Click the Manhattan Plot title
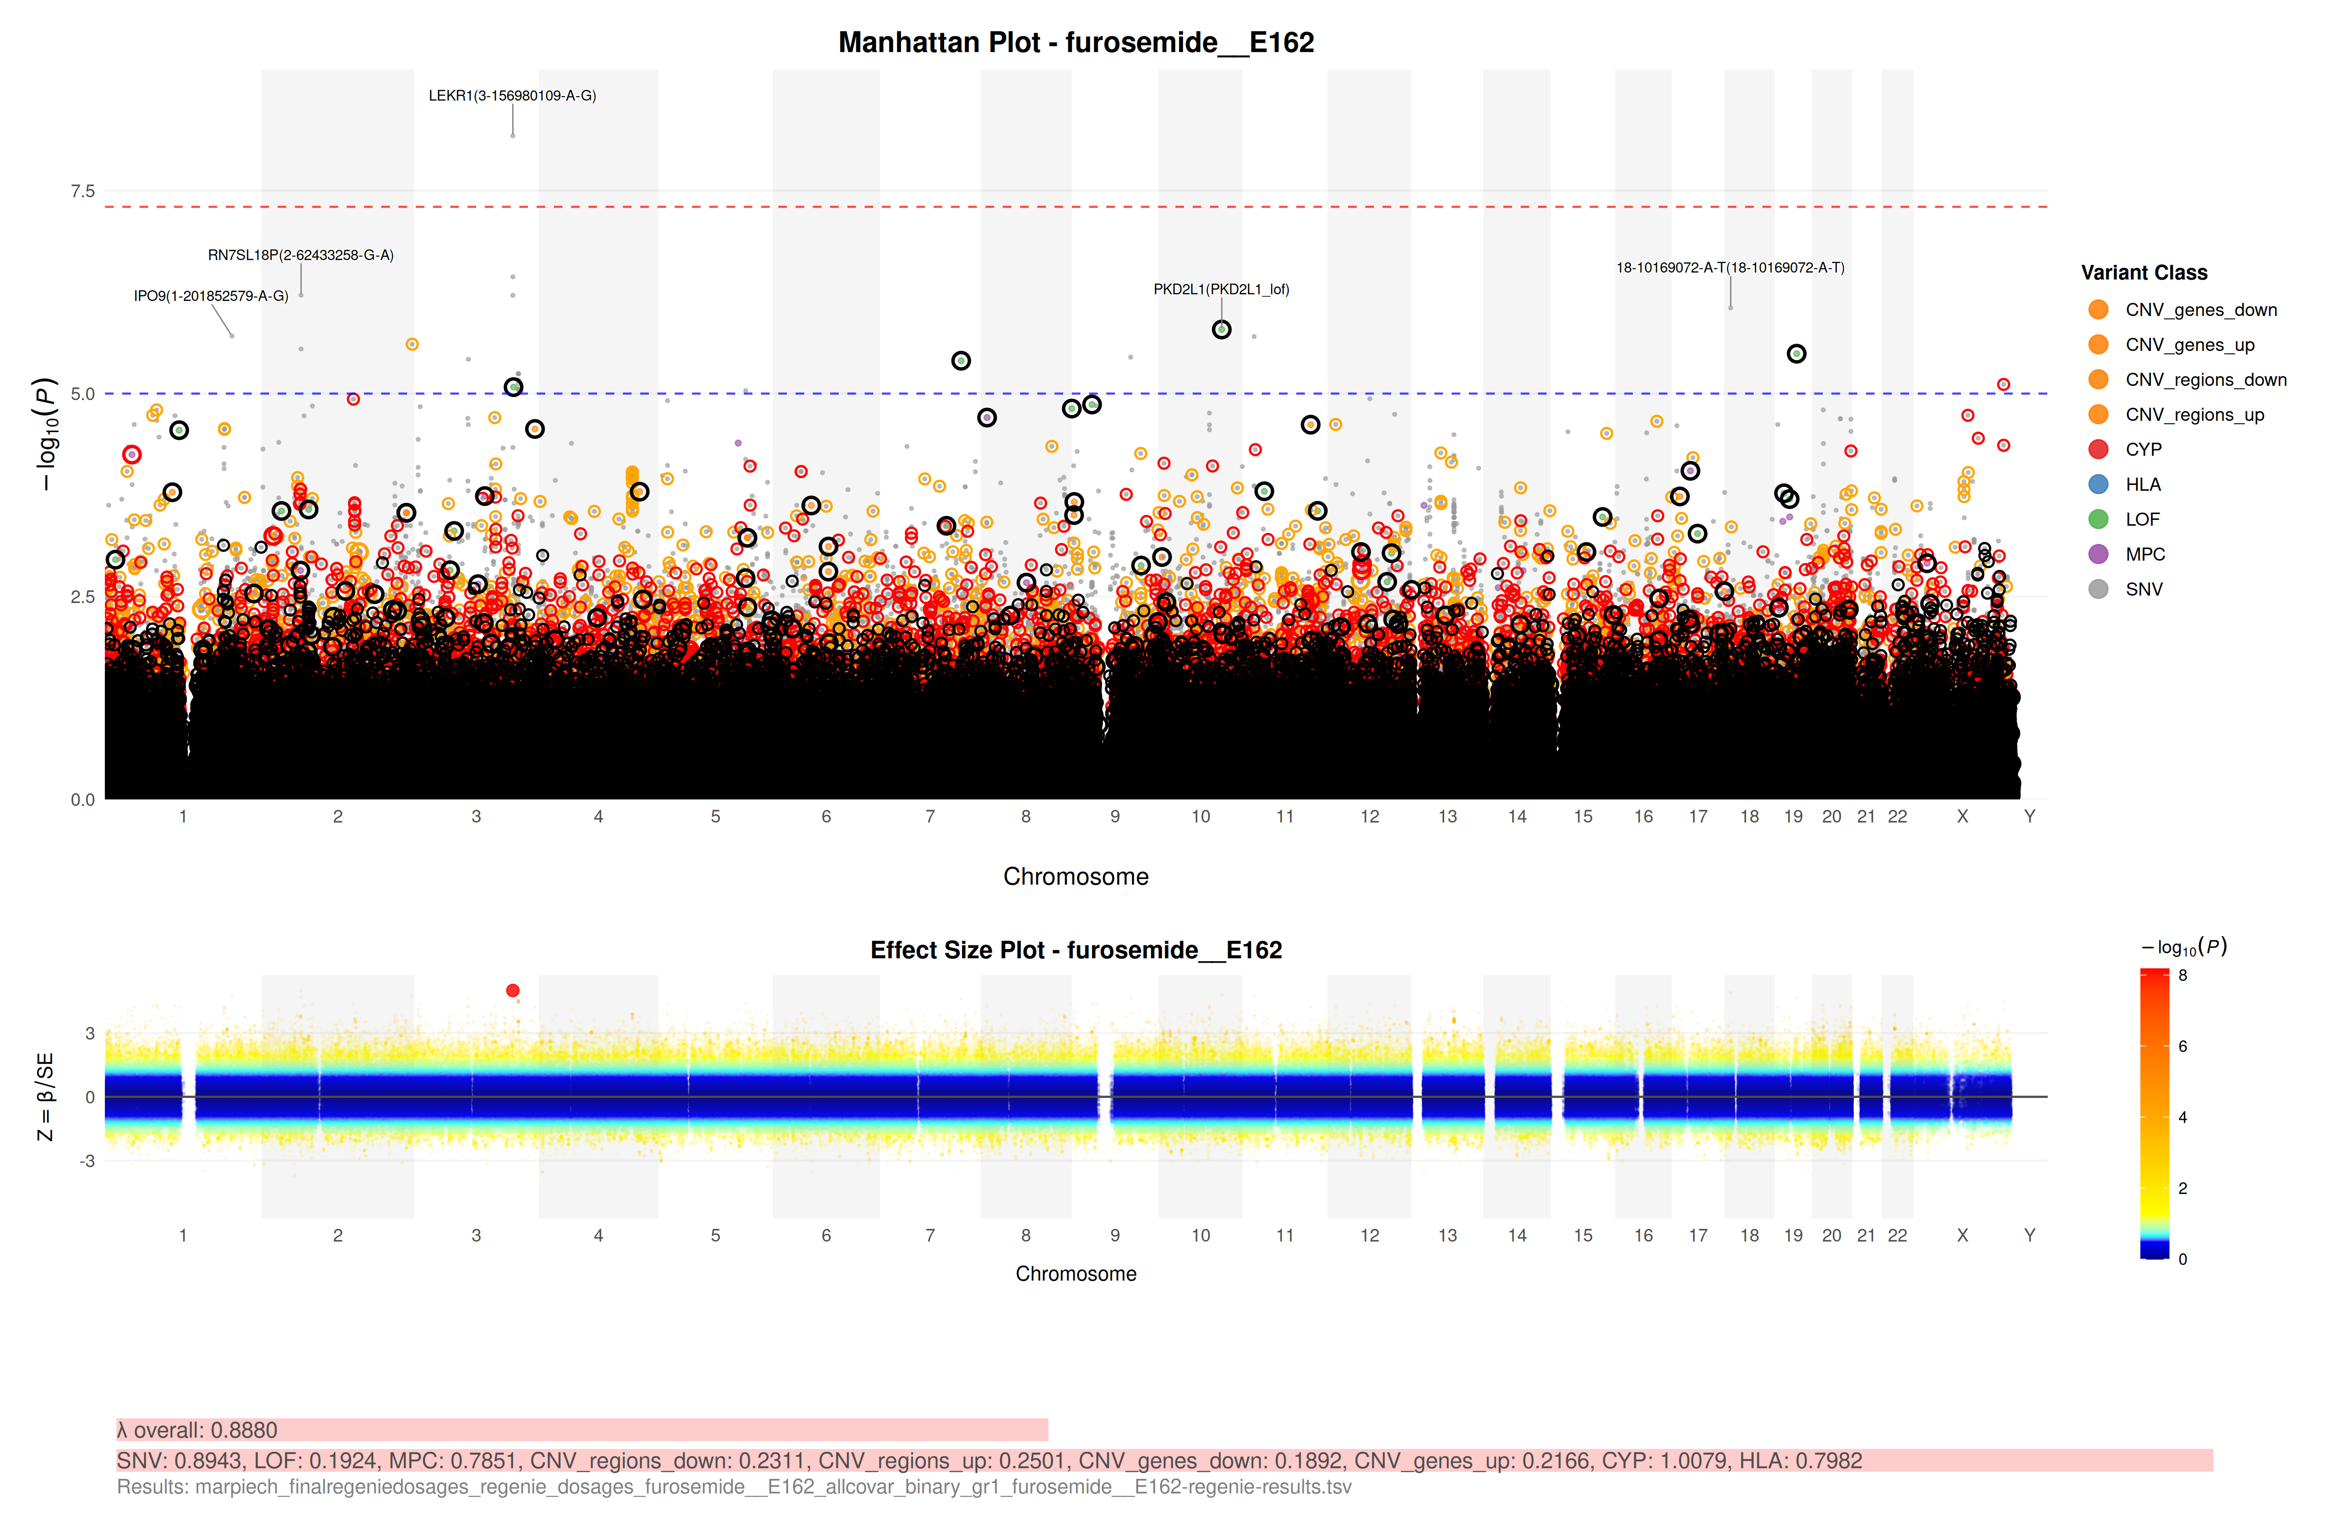pos(1076,42)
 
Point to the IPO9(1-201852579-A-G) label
pos(211,296)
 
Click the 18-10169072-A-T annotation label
pos(1730,267)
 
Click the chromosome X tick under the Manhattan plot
pos(1962,816)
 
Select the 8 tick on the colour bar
pos(2182,975)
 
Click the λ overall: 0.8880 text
pos(198,1430)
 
